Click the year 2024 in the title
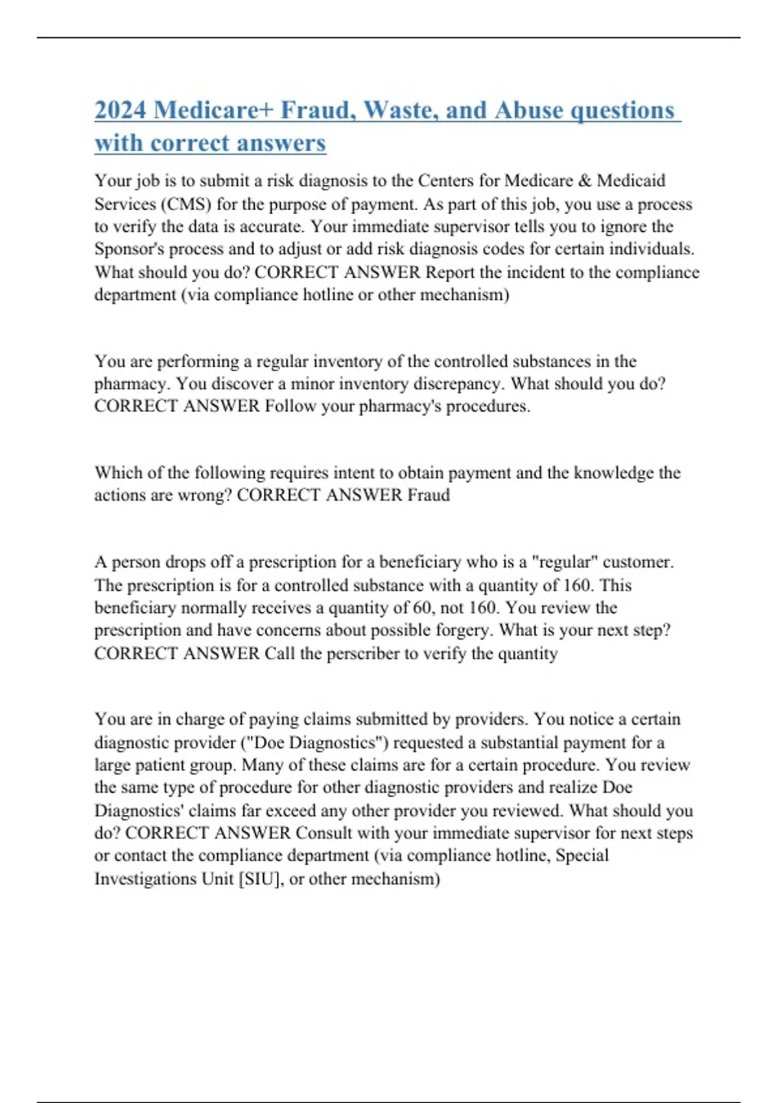(x=120, y=110)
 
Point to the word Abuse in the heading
(x=528, y=110)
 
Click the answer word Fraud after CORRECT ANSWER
(x=428, y=496)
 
